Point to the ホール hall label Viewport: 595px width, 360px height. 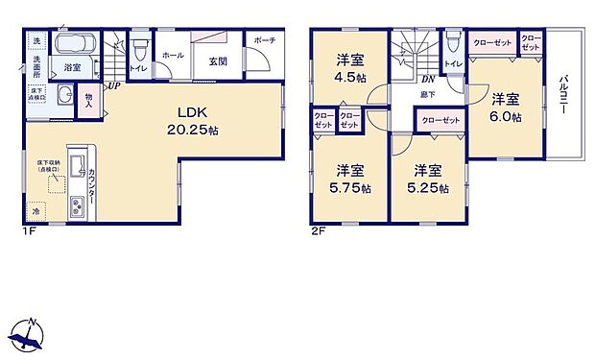coord(174,56)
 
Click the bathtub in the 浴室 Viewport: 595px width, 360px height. coord(71,46)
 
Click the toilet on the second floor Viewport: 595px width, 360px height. coord(453,44)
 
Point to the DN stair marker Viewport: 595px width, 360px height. coord(428,81)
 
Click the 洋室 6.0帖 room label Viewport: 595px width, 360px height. coord(507,108)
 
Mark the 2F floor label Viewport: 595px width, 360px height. coord(316,231)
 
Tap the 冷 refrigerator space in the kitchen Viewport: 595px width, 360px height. coord(36,210)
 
